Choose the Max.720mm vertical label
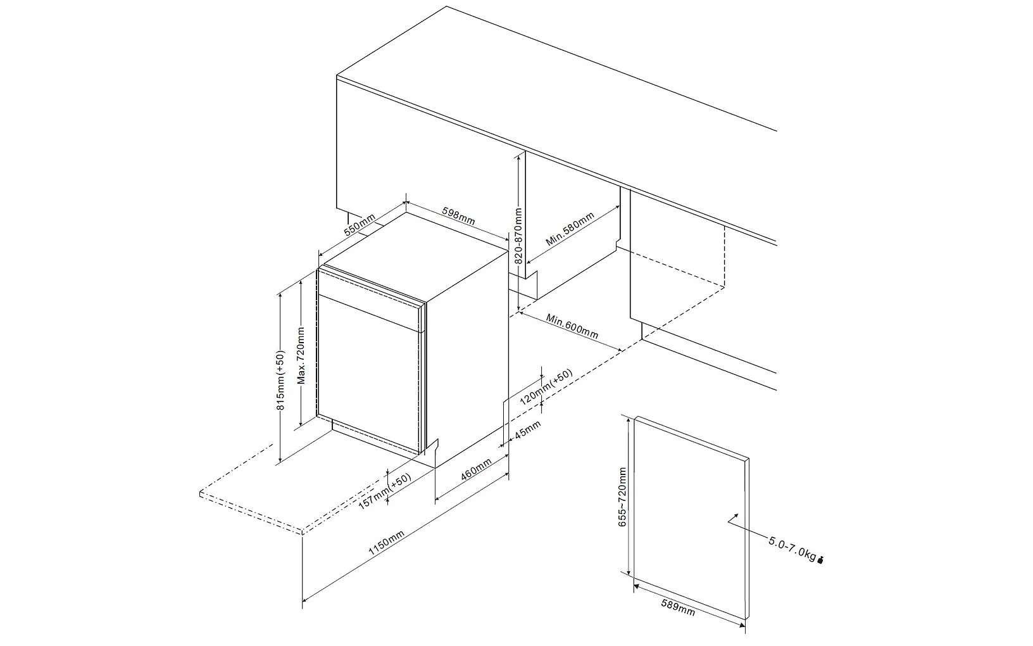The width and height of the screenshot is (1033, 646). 301,355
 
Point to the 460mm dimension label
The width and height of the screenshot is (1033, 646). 477,469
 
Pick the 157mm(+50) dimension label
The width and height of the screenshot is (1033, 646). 385,490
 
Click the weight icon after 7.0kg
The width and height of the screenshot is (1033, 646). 821,559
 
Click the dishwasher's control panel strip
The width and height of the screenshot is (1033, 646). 370,304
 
